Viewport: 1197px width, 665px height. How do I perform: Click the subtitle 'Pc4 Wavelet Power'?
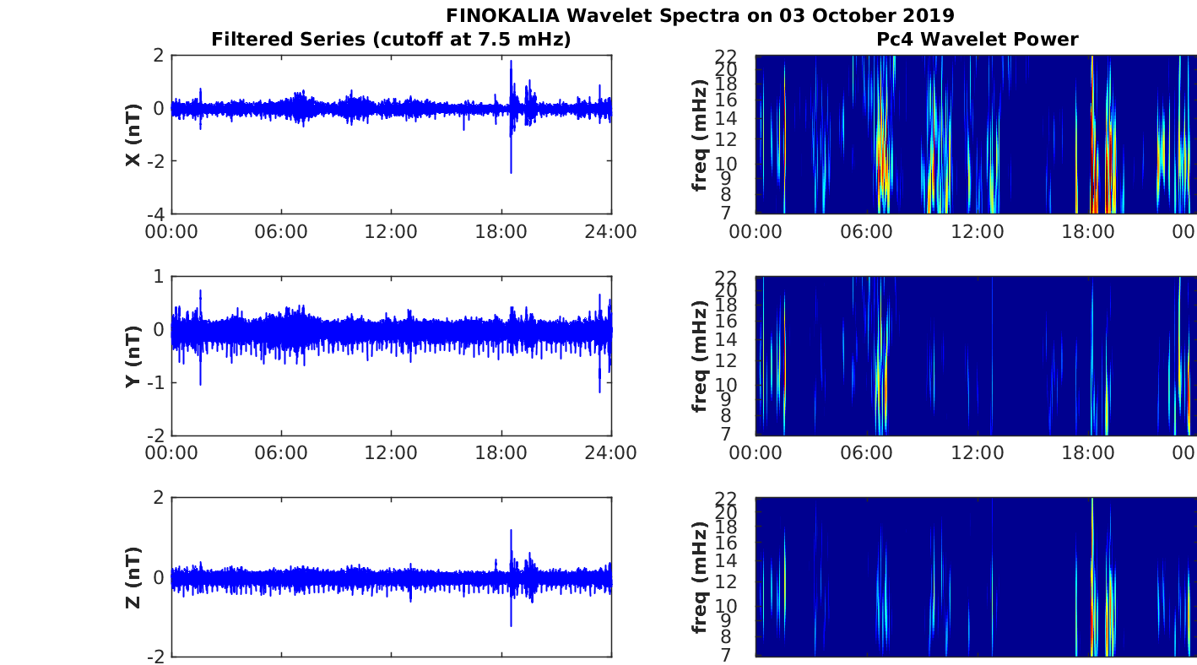(977, 39)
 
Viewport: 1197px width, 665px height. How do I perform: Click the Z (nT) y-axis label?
(133, 577)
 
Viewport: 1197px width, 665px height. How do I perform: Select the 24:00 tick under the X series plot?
(610, 232)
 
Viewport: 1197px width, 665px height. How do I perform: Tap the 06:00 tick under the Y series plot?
(281, 453)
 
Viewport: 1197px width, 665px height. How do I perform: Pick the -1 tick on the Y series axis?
(155, 382)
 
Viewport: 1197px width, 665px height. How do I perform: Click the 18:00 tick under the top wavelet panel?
(1088, 232)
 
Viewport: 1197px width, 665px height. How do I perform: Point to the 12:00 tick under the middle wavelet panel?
(978, 453)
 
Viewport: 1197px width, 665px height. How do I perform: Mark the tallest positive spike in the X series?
(511, 61)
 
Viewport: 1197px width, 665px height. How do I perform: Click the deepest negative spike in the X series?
(511, 172)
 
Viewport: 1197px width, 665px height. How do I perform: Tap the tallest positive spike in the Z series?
(511, 531)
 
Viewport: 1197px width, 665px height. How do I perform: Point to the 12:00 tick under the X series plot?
(391, 232)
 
